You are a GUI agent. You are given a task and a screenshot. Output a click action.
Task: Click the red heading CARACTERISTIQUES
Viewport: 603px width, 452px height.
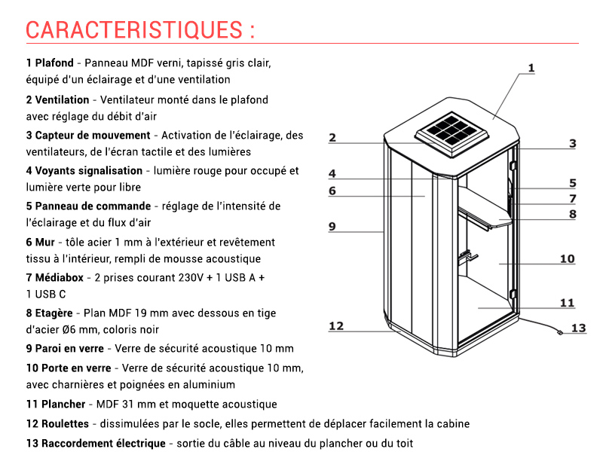pyautogui.click(x=134, y=30)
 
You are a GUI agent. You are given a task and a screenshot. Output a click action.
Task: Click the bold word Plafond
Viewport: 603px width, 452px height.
pyautogui.click(x=54, y=63)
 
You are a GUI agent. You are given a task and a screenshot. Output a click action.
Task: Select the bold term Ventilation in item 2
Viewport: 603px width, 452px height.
pyautogui.click(x=62, y=100)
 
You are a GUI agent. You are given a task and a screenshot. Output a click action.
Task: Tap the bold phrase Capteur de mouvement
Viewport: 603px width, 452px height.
pyautogui.click(x=93, y=136)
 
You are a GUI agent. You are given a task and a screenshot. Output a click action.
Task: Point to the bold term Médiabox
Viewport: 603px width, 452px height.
pyautogui.click(x=60, y=277)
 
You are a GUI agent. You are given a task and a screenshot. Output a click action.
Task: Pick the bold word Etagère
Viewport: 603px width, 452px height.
pyautogui.click(x=54, y=313)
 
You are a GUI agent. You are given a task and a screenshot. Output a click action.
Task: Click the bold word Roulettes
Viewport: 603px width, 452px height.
pyautogui.click(x=65, y=423)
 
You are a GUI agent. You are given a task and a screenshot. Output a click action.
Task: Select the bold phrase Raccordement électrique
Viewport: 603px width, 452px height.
pyautogui.click(x=103, y=443)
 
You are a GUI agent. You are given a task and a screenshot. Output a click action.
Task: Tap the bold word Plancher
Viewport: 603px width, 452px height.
pyautogui.click(x=63, y=405)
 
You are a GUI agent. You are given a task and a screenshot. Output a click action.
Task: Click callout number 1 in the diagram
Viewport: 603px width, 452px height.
pyautogui.click(x=531, y=68)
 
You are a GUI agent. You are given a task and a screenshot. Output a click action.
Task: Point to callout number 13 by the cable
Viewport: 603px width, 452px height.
pyautogui.click(x=578, y=328)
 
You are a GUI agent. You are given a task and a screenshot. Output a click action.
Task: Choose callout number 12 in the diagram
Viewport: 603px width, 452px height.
pyautogui.click(x=335, y=326)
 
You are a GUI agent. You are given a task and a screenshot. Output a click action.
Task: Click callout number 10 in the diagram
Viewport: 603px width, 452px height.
pyautogui.click(x=568, y=258)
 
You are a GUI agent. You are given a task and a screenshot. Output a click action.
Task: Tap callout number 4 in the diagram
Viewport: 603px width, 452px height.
pyautogui.click(x=332, y=174)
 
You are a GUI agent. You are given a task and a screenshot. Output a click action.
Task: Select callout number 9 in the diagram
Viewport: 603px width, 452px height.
pyautogui.click(x=332, y=227)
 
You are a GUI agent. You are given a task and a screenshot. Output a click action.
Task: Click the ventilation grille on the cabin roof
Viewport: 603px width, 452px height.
pyautogui.click(x=451, y=134)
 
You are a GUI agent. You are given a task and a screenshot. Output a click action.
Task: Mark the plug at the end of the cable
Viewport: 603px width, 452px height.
pyautogui.click(x=560, y=332)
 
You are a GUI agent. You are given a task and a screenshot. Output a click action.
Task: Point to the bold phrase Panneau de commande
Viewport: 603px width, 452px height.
pyautogui.click(x=93, y=206)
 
